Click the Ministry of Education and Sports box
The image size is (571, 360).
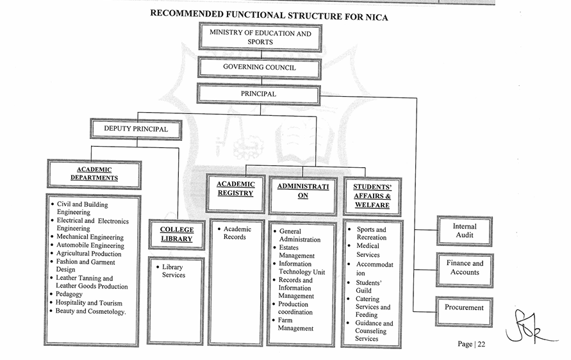point(260,37)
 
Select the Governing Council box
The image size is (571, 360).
point(259,67)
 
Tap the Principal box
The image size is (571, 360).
point(258,94)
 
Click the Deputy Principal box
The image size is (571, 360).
point(136,129)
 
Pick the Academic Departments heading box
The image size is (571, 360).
point(94,174)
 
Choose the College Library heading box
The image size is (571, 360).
point(176,234)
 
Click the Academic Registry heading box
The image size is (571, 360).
point(235,188)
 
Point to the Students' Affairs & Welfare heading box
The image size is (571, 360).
point(372,196)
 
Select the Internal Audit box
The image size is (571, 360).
point(465,231)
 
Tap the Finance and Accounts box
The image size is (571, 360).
point(465,268)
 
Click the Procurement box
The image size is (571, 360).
point(464,307)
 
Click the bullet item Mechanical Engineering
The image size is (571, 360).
point(90,237)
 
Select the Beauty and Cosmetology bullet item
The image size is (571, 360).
point(90,311)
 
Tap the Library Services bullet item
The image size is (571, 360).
point(173,271)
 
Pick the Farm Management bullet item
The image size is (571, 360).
point(295,324)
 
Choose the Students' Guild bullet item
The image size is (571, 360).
point(368,286)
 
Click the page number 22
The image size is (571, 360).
point(472,344)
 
